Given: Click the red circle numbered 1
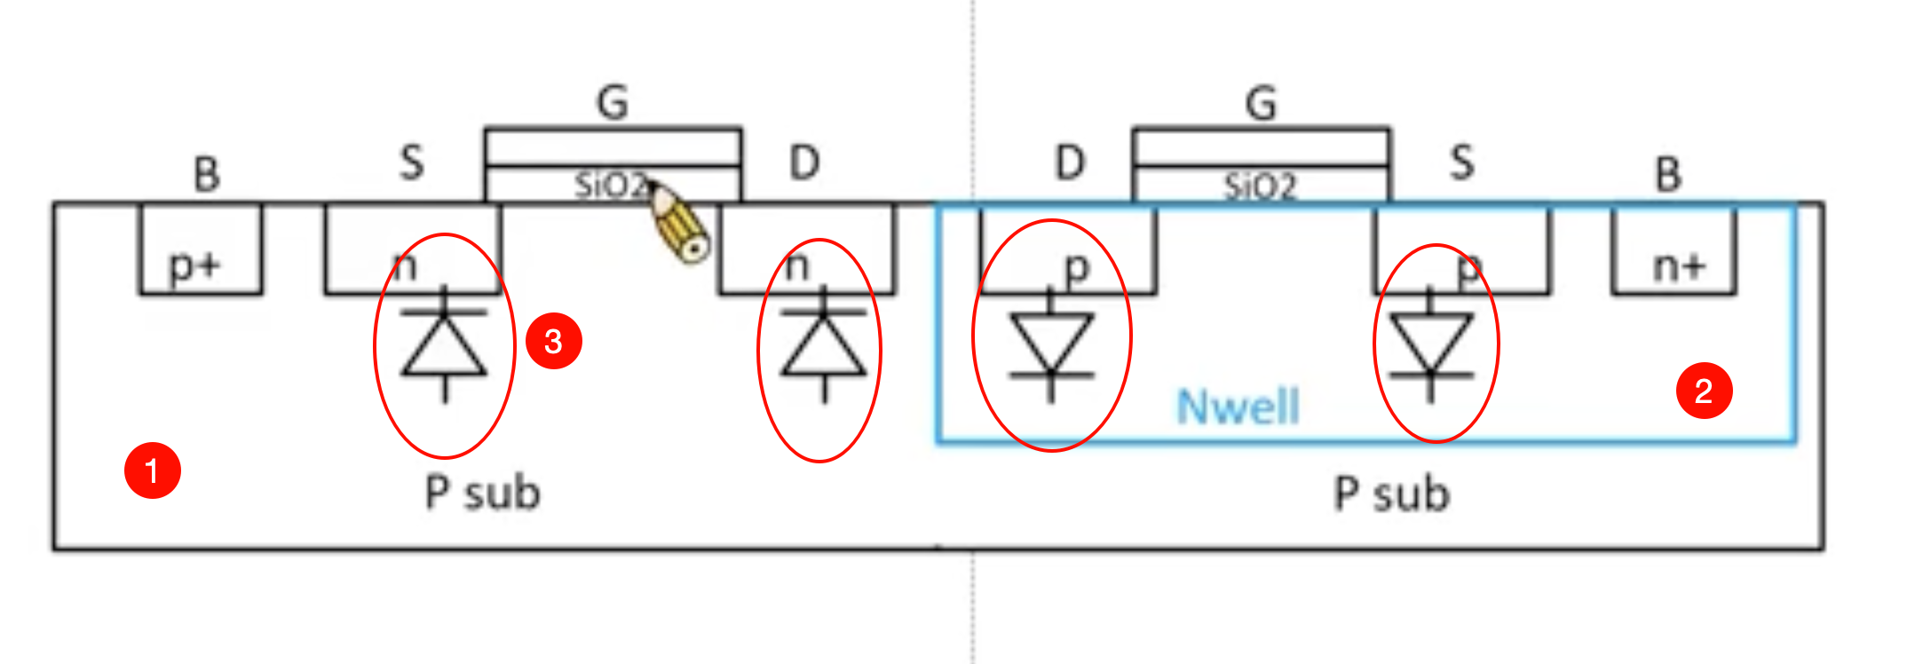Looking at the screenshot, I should [153, 470].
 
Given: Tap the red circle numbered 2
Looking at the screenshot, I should [1704, 391].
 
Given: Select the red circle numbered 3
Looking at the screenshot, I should [553, 341].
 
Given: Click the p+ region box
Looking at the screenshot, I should [201, 249].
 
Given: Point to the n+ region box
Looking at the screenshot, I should [1674, 250].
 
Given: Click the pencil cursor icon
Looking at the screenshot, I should [679, 223].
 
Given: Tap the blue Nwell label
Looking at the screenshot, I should [1238, 407].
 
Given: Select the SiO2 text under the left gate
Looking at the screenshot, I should [611, 186].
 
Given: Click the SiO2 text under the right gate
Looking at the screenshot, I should [1261, 186].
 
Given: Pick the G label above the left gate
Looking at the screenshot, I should [613, 102].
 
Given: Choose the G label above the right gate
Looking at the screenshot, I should [1261, 103].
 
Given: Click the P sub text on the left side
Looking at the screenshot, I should [482, 493].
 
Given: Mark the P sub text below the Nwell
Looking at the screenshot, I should [1391, 494].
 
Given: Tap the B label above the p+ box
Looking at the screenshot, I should [206, 174].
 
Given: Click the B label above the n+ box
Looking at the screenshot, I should [1668, 174].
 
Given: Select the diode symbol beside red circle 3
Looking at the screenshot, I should [444, 344].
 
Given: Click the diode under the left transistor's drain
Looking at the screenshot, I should [823, 344].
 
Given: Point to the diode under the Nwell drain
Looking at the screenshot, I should [1051, 344].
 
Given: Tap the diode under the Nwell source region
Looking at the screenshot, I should [1430, 344].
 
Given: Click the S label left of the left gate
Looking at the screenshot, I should [412, 163].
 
